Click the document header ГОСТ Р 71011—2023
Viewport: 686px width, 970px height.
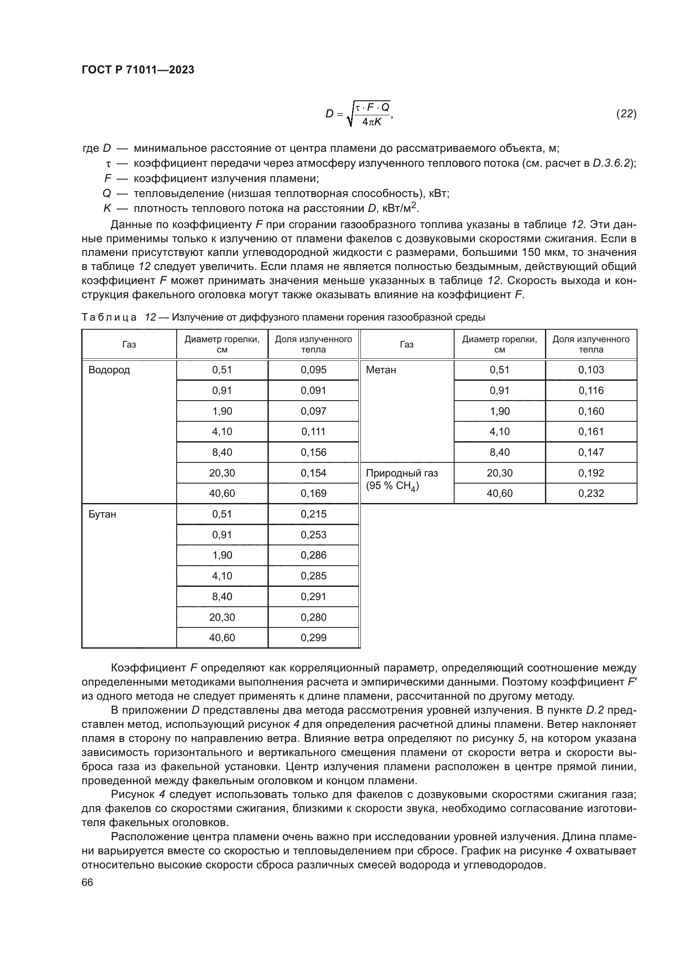click(138, 70)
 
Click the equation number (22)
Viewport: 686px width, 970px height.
click(626, 114)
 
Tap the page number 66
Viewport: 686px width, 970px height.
click(87, 882)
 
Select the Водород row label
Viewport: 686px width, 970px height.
click(109, 370)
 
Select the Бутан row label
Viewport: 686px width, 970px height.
click(102, 514)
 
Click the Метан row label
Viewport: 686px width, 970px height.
click(381, 370)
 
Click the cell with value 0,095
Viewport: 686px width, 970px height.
click(314, 370)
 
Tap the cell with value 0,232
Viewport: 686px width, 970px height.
click(591, 494)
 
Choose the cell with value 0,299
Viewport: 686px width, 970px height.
click(314, 637)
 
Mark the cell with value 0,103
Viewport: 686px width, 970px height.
click(591, 370)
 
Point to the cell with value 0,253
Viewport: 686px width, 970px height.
click(314, 535)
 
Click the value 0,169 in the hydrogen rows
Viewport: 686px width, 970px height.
click(314, 494)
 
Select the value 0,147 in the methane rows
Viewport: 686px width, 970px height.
click(591, 452)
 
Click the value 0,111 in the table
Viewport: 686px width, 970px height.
click(314, 432)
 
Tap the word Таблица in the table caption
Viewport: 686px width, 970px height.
click(109, 317)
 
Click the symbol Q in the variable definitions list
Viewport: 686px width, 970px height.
click(107, 194)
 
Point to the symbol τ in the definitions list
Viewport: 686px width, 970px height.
click(108, 164)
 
